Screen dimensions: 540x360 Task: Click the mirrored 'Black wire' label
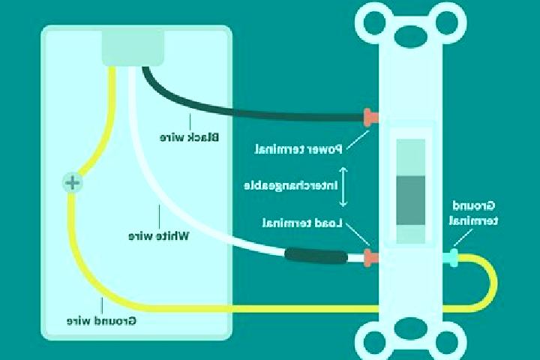(x=189, y=137)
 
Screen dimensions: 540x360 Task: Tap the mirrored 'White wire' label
(x=159, y=236)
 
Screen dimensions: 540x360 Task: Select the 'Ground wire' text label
(x=101, y=321)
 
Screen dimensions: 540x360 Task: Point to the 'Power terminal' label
(x=298, y=149)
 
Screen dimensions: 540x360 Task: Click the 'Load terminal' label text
(x=302, y=223)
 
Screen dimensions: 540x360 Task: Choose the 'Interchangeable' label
(x=291, y=186)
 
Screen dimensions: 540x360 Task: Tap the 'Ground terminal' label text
(x=473, y=213)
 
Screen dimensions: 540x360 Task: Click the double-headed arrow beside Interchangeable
(x=343, y=187)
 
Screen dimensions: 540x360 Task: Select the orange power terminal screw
(x=371, y=118)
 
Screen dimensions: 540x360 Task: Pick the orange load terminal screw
(x=371, y=258)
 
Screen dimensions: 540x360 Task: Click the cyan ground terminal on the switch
(x=451, y=258)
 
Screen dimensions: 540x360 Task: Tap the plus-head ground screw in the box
(x=73, y=182)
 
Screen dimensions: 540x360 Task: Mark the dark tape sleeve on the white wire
(x=316, y=256)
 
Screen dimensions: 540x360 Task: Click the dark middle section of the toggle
(x=411, y=200)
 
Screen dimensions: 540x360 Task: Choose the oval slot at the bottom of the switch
(x=410, y=328)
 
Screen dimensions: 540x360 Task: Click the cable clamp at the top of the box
(x=133, y=48)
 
